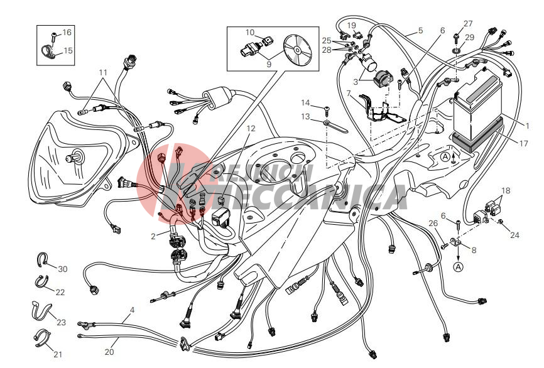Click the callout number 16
click(67, 32)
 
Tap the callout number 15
click(68, 51)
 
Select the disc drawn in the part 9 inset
click(298, 50)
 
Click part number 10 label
click(250, 32)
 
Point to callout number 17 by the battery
click(523, 143)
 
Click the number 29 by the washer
click(469, 37)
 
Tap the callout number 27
click(468, 24)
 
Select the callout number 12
click(251, 128)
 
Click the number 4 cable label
click(132, 310)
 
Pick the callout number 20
click(109, 352)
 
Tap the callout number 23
click(61, 322)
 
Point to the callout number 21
click(58, 354)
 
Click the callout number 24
click(514, 235)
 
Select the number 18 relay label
click(506, 190)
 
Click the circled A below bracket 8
click(459, 267)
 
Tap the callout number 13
click(305, 117)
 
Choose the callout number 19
click(351, 25)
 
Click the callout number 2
click(153, 237)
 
